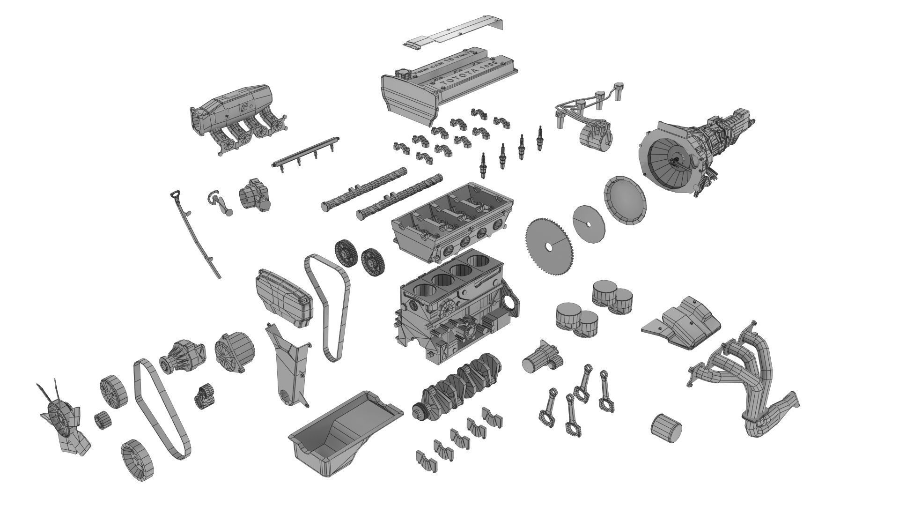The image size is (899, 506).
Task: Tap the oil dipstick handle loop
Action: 176,194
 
